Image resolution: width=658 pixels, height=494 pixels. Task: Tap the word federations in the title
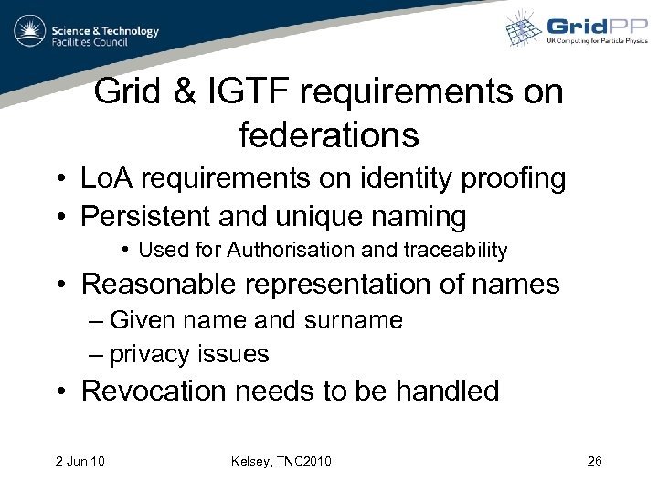(x=328, y=135)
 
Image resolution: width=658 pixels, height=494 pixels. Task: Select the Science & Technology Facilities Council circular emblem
(x=30, y=31)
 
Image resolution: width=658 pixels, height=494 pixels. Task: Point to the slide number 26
(x=594, y=460)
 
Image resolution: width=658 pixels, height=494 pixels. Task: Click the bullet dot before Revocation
(x=58, y=392)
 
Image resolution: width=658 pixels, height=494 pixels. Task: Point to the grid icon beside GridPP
(x=525, y=28)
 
